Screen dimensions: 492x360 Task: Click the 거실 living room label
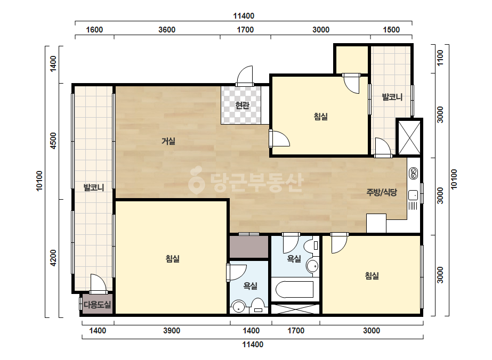click(x=168, y=141)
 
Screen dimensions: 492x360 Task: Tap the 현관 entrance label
click(x=242, y=105)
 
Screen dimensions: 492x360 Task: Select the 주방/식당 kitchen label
click(x=382, y=192)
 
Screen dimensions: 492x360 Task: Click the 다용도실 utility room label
click(x=97, y=305)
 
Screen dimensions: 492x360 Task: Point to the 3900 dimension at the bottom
click(x=172, y=331)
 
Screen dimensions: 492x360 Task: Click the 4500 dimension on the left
click(x=53, y=141)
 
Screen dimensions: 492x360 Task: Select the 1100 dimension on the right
click(x=440, y=58)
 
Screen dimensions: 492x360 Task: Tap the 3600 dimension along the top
click(x=167, y=30)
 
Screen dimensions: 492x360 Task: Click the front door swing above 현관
click(x=245, y=75)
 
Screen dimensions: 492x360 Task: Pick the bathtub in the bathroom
click(x=294, y=290)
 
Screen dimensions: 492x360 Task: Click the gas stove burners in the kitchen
click(x=414, y=174)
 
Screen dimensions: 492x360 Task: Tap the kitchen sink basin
click(x=413, y=195)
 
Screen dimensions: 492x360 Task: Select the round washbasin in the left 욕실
click(x=238, y=307)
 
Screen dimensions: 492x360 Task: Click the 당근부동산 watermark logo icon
click(x=196, y=180)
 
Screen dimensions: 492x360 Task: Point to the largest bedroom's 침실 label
click(x=172, y=259)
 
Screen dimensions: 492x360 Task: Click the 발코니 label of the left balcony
click(x=93, y=187)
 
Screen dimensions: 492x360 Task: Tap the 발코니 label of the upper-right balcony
click(x=392, y=97)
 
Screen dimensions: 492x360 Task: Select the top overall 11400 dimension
click(x=244, y=16)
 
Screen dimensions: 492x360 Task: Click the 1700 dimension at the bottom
click(x=296, y=331)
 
